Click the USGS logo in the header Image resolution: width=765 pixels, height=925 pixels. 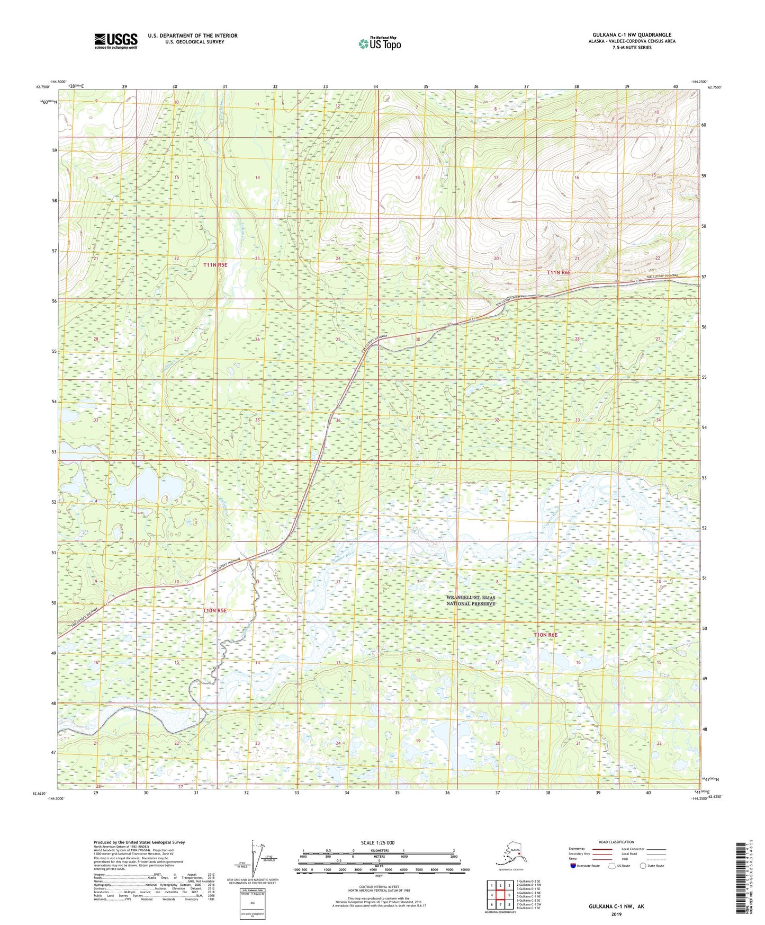point(115,41)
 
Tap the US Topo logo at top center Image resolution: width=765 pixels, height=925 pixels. point(379,43)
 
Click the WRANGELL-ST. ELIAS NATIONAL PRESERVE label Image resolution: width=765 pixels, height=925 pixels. point(471,600)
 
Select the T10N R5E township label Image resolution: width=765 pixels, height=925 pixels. point(214,610)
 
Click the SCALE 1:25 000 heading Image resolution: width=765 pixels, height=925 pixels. point(377,842)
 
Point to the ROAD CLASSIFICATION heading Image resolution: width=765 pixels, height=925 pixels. point(616,842)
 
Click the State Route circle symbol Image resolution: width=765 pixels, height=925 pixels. point(643,866)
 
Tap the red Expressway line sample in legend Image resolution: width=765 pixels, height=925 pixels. point(600,849)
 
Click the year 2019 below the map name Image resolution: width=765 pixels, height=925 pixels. point(616,914)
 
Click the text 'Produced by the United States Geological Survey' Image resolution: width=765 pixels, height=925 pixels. point(139,842)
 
